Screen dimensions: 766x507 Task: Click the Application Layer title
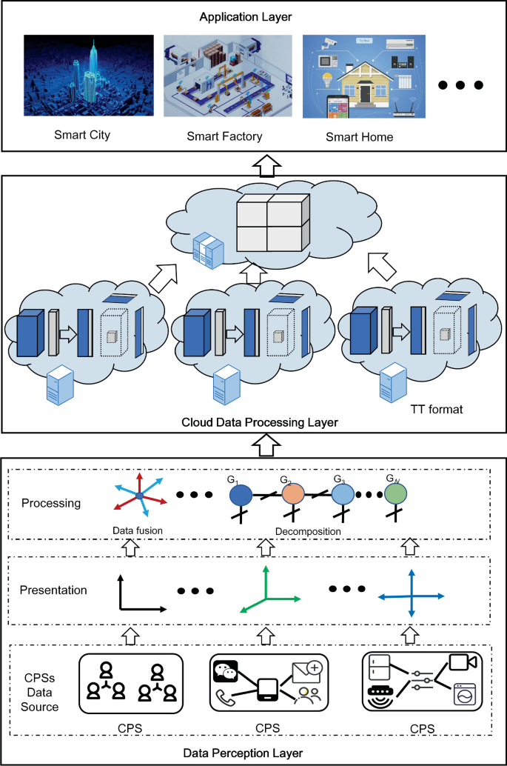pos(253,16)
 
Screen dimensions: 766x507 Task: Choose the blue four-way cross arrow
pos(411,596)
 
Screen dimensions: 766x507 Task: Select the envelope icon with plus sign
pos(306,672)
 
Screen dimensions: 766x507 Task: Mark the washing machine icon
pos(465,697)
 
